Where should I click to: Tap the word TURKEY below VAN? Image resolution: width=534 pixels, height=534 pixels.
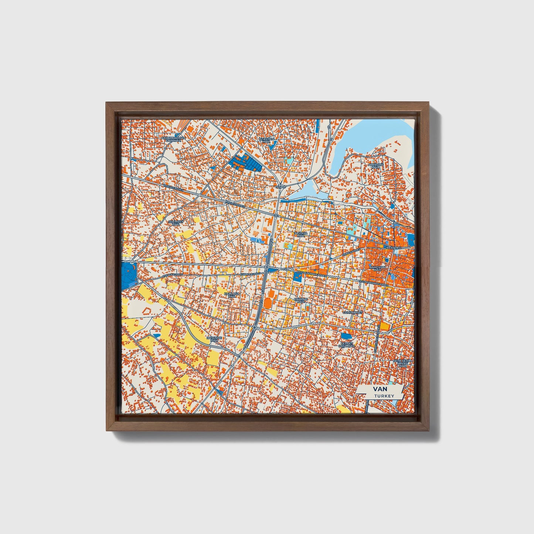click(x=383, y=396)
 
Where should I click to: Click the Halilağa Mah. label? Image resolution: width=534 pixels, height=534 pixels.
click(x=232, y=295)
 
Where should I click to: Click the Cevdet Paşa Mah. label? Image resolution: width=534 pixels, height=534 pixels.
click(x=347, y=344)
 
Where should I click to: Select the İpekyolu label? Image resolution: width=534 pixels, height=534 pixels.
click(x=393, y=247)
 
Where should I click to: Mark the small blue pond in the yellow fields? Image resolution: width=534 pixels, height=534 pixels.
click(x=156, y=335)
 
